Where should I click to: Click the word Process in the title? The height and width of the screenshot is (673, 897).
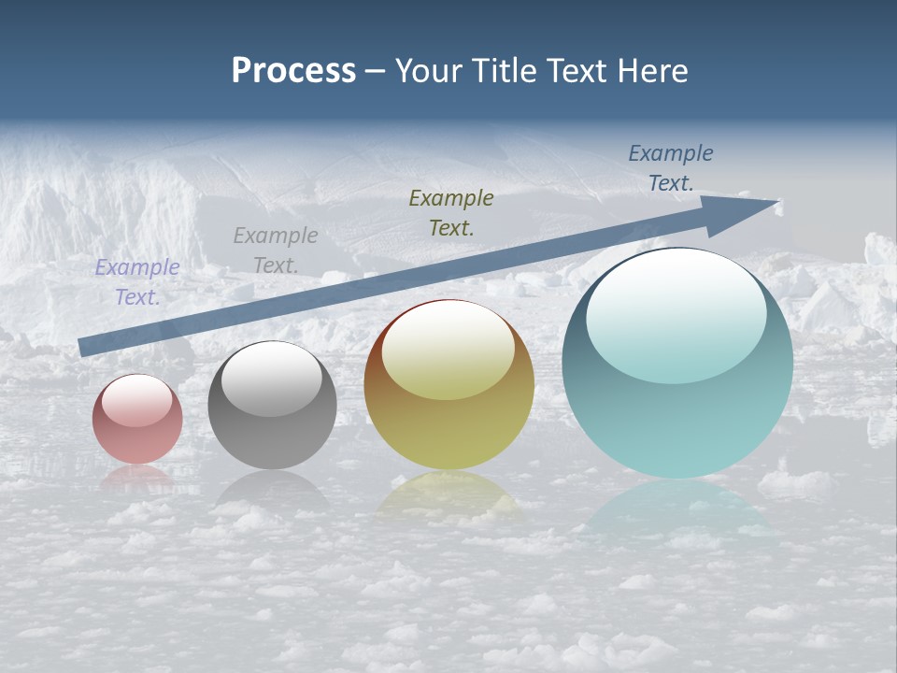[x=293, y=71]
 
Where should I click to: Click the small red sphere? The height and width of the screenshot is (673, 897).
[x=137, y=419]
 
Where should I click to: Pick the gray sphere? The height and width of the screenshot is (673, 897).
[x=272, y=406]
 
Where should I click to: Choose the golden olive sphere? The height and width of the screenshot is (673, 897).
[x=448, y=384]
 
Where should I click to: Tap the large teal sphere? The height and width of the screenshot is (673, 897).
[x=677, y=363]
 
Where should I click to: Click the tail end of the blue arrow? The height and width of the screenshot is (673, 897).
[x=86, y=346]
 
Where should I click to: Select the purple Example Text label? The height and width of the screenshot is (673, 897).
[x=137, y=282]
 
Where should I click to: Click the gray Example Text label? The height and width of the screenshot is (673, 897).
[x=276, y=251]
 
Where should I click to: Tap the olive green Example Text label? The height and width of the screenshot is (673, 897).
[x=451, y=213]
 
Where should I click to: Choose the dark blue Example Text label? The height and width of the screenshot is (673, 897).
[x=671, y=168]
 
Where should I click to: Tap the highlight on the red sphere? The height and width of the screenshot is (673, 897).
[x=137, y=400]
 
